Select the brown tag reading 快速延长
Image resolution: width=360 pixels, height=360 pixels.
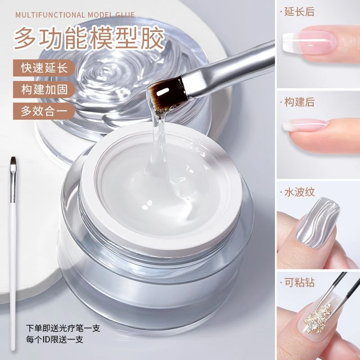pos(44,68)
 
